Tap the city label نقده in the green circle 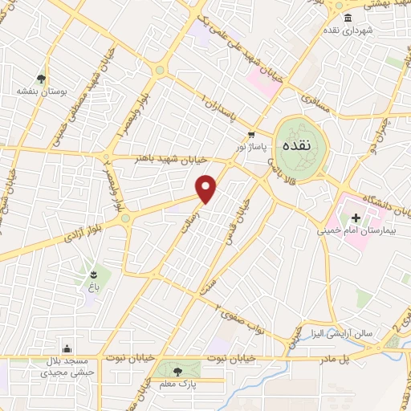point(297,146)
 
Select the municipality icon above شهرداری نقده point(348,18)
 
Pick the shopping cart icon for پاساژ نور point(251,135)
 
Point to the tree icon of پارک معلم point(177,371)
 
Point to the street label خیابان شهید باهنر point(169,159)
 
